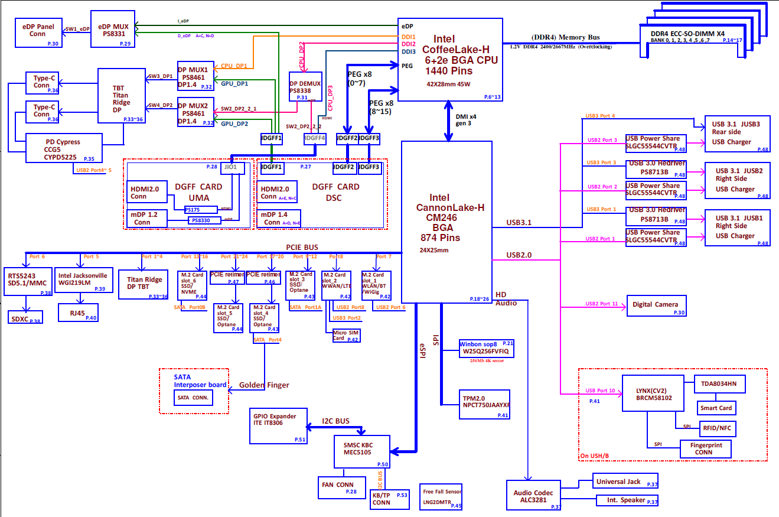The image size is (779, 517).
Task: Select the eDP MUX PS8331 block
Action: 113,29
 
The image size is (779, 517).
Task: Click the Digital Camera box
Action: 656,305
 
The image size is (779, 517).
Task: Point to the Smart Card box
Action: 716,408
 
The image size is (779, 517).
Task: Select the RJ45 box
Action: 78,313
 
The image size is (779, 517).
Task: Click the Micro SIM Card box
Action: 346,336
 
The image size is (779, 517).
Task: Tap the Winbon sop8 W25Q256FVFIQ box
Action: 487,349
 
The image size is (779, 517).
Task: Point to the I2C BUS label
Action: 335,421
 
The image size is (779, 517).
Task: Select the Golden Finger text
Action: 264,385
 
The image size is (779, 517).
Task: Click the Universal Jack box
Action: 625,482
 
